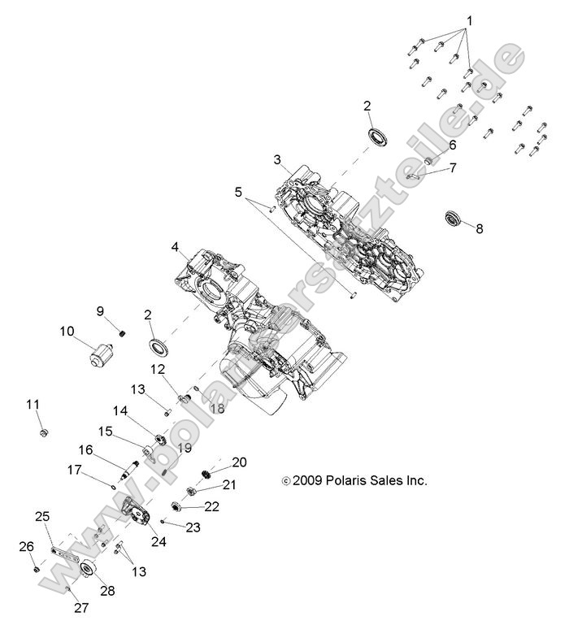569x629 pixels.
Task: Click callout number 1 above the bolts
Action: click(x=468, y=19)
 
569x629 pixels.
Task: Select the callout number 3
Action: click(x=277, y=158)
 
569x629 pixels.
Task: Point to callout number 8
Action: click(x=479, y=229)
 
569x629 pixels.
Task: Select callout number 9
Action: click(x=101, y=311)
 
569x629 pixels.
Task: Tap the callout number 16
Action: click(x=85, y=449)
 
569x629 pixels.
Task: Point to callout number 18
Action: click(x=217, y=408)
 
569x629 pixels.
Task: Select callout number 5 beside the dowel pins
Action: click(x=237, y=193)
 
